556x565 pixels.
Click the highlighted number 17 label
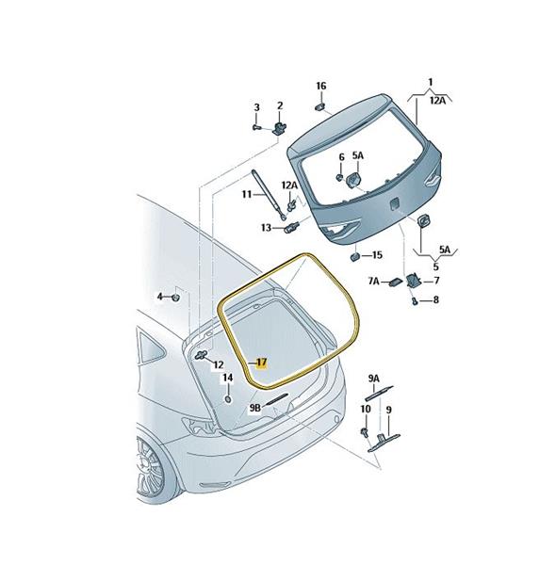click(261, 363)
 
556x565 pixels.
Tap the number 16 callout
click(321, 86)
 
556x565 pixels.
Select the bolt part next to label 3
click(256, 127)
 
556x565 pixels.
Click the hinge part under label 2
click(280, 127)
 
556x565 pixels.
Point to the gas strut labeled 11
click(269, 195)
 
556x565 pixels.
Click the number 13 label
click(266, 228)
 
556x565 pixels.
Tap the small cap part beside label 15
click(355, 256)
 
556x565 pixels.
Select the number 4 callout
click(160, 297)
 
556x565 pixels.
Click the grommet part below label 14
click(228, 399)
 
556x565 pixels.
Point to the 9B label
click(255, 408)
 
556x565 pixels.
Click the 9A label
click(374, 379)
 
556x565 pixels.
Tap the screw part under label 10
click(364, 431)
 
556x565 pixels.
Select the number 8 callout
click(435, 299)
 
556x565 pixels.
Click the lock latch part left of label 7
click(412, 280)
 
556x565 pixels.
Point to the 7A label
click(374, 281)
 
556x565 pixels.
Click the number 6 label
click(341, 157)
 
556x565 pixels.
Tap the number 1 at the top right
click(430, 83)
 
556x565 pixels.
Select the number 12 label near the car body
click(218, 364)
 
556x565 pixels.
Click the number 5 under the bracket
click(436, 266)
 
